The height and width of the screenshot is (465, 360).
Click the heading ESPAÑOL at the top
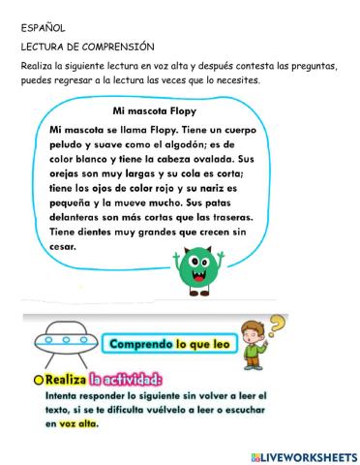pos(40,29)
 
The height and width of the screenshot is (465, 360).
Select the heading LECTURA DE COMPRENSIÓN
pos(86,46)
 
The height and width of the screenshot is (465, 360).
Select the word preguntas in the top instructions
pos(310,65)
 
